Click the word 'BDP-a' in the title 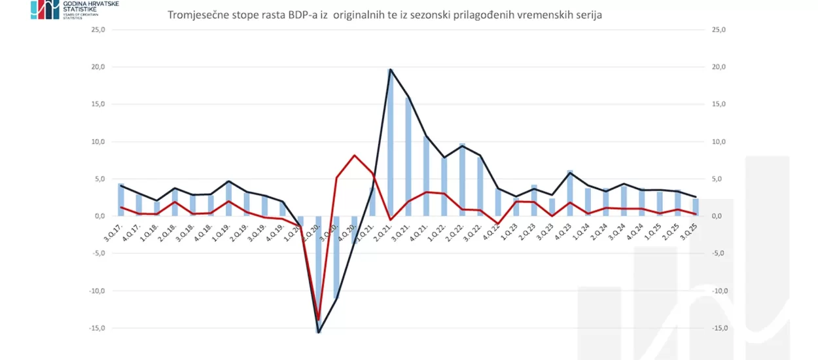(x=307, y=15)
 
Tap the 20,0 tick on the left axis (x=101, y=67)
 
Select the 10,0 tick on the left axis (x=101, y=142)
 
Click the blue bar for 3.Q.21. (x=408, y=157)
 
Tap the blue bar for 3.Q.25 (x=696, y=207)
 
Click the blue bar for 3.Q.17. (x=121, y=200)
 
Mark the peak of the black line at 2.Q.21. (x=391, y=69)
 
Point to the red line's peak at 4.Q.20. (x=354, y=155)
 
